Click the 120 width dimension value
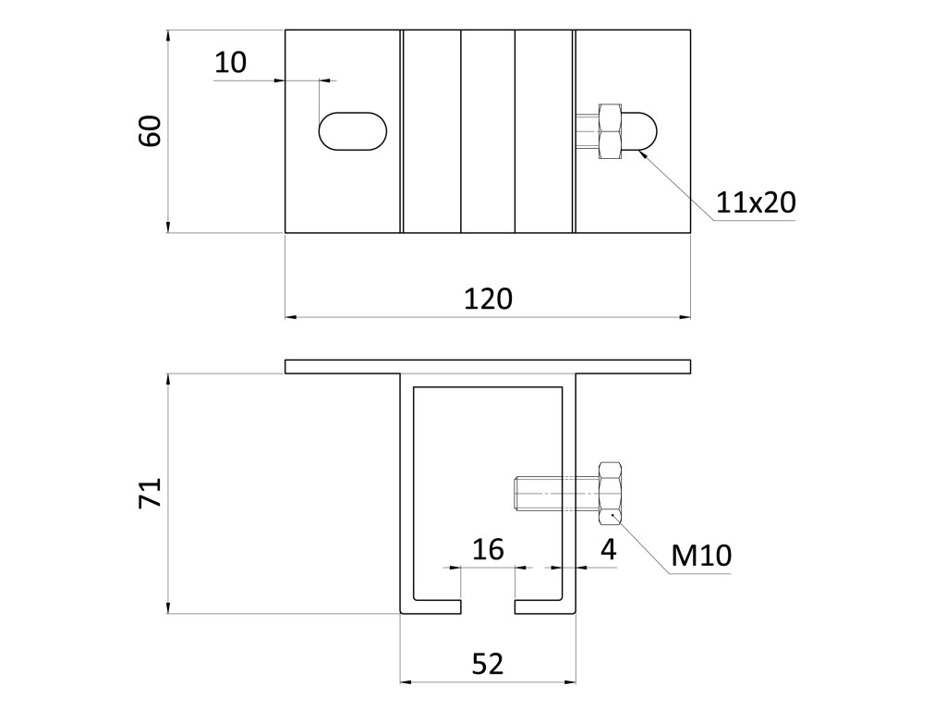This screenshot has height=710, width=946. click(487, 299)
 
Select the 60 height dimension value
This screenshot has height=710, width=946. click(151, 131)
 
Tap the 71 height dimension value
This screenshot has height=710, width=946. click(151, 493)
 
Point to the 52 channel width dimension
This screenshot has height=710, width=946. click(487, 663)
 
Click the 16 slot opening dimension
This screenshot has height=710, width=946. click(487, 550)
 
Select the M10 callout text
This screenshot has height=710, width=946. click(701, 556)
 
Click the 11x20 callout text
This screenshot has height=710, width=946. click(756, 202)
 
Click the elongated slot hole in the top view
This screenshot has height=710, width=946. click(353, 131)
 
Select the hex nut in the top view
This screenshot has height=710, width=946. click(612, 131)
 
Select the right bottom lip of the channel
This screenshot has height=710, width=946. click(542, 606)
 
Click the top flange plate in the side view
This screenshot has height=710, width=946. click(487, 366)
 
